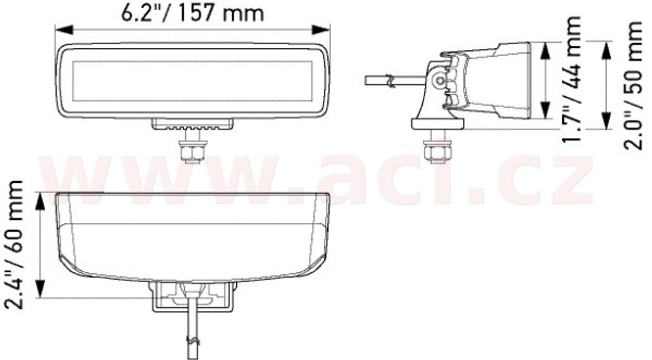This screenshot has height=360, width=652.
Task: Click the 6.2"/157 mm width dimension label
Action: [192, 13]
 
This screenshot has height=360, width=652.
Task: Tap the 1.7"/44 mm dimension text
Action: [570, 78]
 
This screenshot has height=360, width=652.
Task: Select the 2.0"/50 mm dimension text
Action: [634, 85]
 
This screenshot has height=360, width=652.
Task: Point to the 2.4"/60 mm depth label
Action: [13, 245]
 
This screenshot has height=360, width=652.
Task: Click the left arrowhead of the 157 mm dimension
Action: [64, 30]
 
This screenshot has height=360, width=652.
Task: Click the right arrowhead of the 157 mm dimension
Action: [321, 30]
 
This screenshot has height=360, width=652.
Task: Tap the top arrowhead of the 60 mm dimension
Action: [40, 202]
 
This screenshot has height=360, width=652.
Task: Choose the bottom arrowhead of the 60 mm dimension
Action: [40, 289]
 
